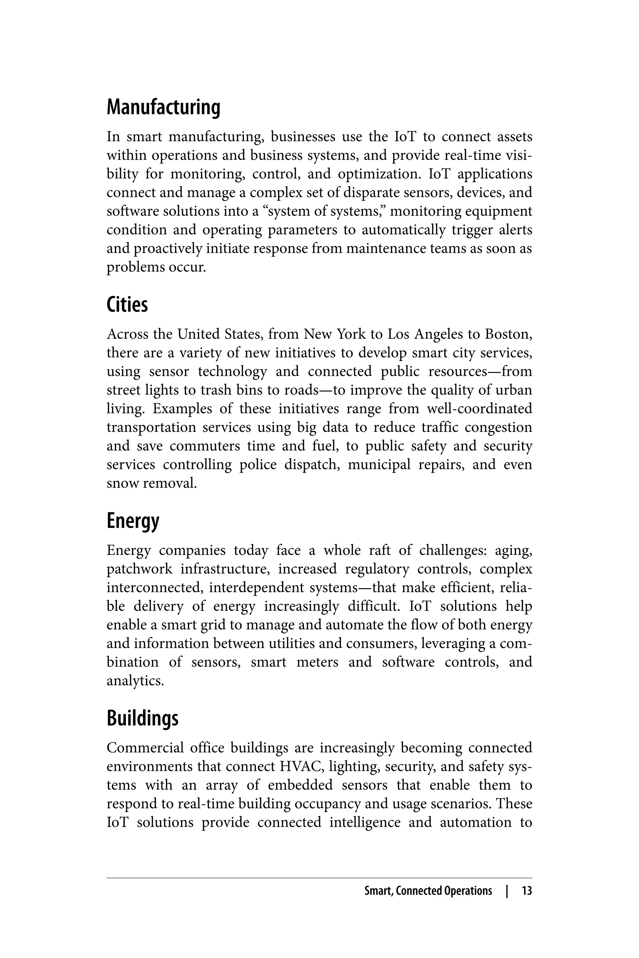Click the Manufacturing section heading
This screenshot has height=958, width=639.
[x=163, y=108]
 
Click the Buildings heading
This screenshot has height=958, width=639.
[x=142, y=718]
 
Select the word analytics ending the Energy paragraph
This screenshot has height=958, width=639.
[x=135, y=681]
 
